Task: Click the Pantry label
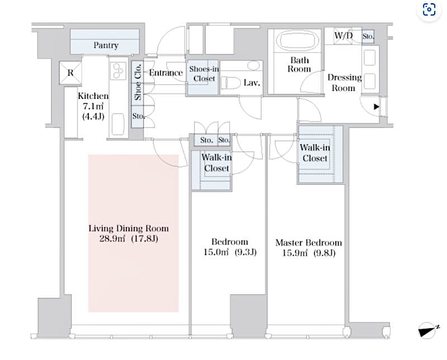point(105,45)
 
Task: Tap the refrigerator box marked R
point(70,73)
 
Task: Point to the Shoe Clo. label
point(137,83)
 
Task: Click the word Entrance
point(166,73)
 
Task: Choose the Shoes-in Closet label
point(204,74)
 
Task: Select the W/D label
point(343,36)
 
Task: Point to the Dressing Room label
point(344,83)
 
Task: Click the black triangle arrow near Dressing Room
point(377,106)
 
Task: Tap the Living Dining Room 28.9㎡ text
point(129,233)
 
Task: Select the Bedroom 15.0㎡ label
point(229,247)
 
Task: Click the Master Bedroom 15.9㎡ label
point(308,248)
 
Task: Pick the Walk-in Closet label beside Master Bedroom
point(315,153)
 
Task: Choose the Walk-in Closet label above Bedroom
point(216,162)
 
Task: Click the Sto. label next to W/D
point(368,37)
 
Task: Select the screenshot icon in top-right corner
point(429,9)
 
